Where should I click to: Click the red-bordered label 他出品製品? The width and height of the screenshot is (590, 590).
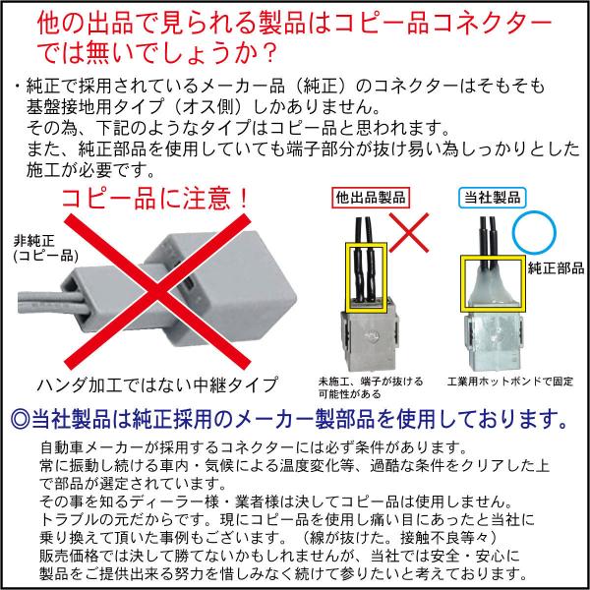tap(371, 198)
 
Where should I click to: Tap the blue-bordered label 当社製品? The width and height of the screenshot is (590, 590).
tap(493, 198)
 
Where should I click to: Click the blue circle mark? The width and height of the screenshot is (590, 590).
tap(534, 232)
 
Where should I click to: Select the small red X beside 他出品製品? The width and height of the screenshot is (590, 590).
tap(409, 232)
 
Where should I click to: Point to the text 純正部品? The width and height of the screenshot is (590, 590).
tap(557, 267)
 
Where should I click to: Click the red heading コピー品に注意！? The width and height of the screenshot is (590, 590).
tap(154, 199)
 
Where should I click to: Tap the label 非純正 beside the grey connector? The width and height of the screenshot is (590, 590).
tap(34, 241)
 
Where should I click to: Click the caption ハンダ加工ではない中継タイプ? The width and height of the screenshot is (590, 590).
tap(157, 384)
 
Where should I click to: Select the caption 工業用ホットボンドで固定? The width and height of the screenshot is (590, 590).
tap(509, 382)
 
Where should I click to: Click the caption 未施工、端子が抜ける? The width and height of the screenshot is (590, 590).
tap(371, 382)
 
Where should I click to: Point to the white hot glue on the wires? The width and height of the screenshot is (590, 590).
tap(493, 284)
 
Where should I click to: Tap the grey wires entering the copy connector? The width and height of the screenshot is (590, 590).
tap(53, 303)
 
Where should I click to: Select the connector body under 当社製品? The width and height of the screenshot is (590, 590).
tap(494, 340)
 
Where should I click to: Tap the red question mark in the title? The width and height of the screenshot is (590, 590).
tap(266, 52)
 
